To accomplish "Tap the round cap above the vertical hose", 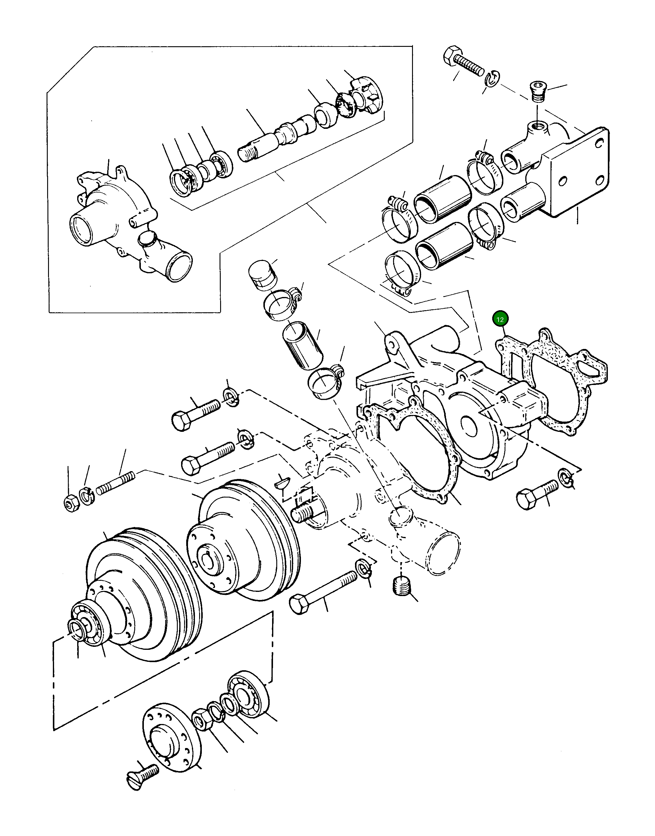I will tap(262, 275).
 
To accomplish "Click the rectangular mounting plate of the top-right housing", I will tap(579, 173).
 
